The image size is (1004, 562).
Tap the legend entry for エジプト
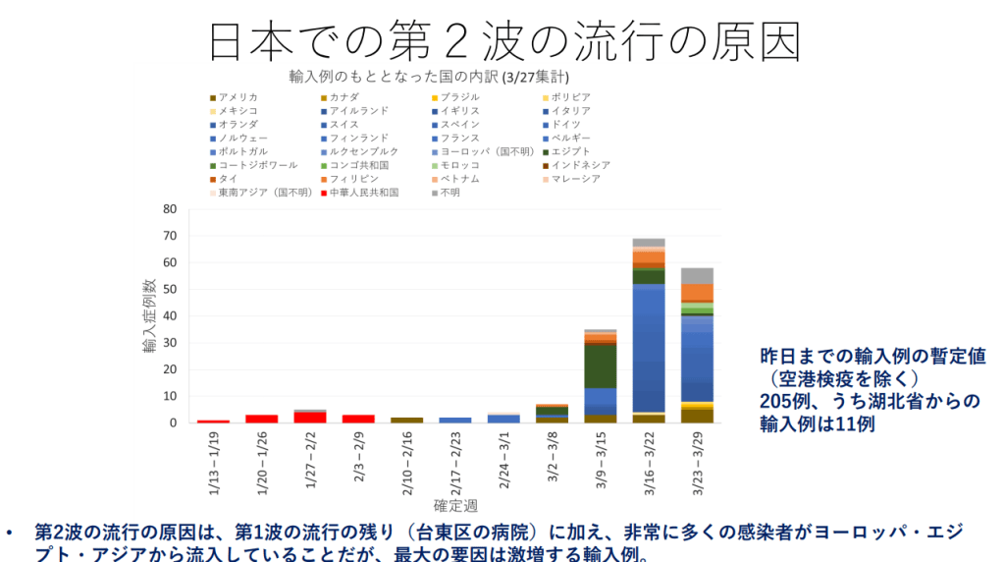coord(570,151)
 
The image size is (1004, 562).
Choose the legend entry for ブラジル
coord(459,97)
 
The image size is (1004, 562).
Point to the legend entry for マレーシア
coord(570,179)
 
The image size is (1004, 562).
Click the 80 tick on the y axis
coord(169,209)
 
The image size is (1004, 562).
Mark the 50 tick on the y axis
coord(169,290)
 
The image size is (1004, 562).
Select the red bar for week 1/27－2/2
coord(310,418)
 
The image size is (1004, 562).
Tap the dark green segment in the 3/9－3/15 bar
coord(600,365)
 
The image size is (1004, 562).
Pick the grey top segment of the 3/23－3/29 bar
coord(697,275)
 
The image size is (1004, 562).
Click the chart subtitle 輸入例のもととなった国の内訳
coord(393,76)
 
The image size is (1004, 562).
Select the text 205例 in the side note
coord(782,401)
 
